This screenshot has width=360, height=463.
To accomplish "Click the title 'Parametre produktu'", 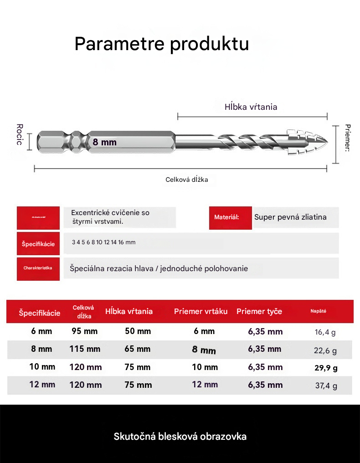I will pyautogui.click(x=162, y=44).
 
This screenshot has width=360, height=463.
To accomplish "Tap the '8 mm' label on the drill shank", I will pyautogui.click(x=105, y=142).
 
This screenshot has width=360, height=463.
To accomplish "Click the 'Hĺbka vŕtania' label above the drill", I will pyautogui.click(x=251, y=107).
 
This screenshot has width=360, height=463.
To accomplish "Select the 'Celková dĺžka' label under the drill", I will pyautogui.click(x=186, y=180).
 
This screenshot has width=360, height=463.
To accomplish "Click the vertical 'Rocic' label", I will pyautogui.click(x=20, y=134).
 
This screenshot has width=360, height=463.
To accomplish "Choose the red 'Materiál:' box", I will pyautogui.click(x=230, y=217).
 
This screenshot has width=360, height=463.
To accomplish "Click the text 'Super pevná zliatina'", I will pyautogui.click(x=290, y=217).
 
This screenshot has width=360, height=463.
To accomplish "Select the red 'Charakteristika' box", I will pyautogui.click(x=38, y=268).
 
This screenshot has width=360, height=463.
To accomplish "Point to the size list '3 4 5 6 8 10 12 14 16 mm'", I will pyautogui.click(x=103, y=242).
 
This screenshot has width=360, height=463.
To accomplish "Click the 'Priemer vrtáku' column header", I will pyautogui.click(x=201, y=312).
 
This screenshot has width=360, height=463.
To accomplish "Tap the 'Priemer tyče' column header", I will pyautogui.click(x=259, y=312).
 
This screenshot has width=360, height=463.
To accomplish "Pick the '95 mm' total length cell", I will pyautogui.click(x=84, y=331).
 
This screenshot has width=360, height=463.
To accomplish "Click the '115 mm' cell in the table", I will pyautogui.click(x=85, y=349).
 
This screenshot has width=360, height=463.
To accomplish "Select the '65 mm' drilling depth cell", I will pyautogui.click(x=138, y=349).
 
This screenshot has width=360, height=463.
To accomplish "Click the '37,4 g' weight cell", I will pyautogui.click(x=326, y=386).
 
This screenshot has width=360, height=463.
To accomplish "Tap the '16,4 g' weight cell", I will pyautogui.click(x=325, y=332).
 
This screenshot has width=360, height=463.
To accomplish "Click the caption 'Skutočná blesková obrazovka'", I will pyautogui.click(x=180, y=437).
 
